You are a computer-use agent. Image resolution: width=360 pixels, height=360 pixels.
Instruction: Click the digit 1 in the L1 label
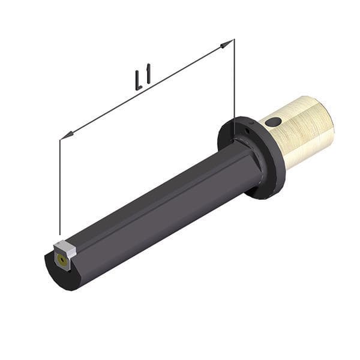[148, 73]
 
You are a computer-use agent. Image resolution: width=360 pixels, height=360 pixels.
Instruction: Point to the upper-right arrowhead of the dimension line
[226, 44]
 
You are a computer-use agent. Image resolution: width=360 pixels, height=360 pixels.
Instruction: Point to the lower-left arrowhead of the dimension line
[67, 135]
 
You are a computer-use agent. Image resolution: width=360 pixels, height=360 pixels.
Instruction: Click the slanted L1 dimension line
[147, 89]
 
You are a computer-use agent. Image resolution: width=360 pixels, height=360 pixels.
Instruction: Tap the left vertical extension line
[59, 187]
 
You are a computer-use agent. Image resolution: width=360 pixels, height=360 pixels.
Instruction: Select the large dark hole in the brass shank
[273, 122]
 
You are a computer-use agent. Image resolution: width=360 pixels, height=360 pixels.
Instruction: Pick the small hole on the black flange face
[247, 131]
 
